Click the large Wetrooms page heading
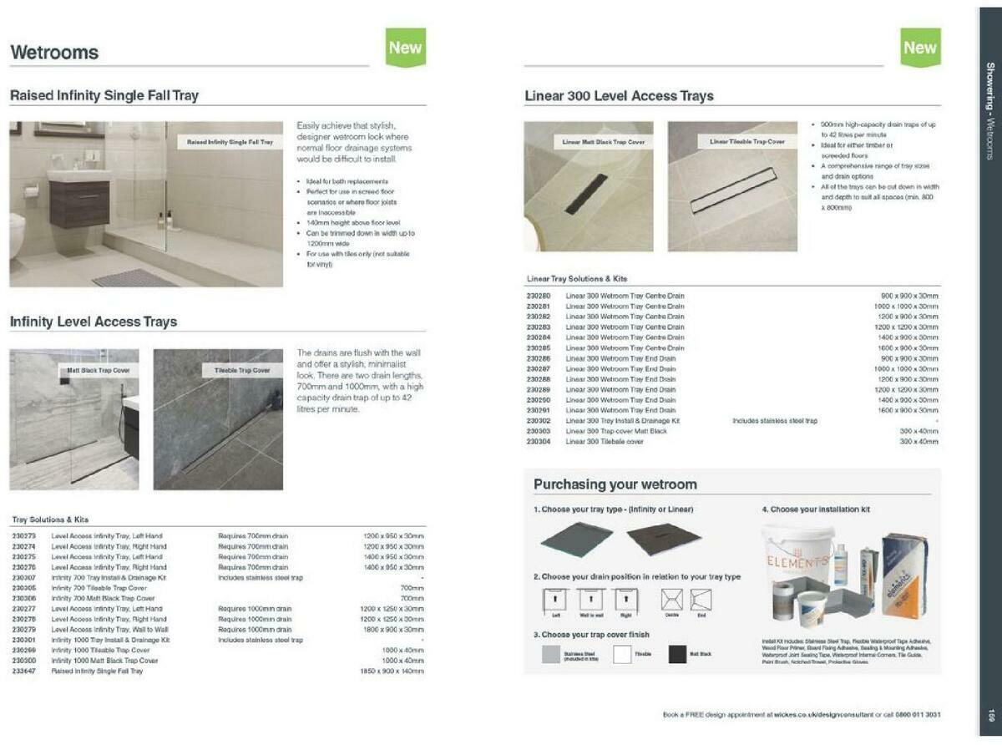click(x=54, y=53)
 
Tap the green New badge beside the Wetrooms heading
click(x=405, y=48)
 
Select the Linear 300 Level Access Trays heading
click(x=619, y=96)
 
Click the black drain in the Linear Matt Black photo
click(x=586, y=194)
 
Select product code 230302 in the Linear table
click(x=539, y=421)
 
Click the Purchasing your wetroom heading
click(x=615, y=484)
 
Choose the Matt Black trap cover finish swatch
click(x=676, y=654)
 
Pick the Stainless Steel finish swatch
click(x=550, y=654)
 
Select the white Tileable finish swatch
click(x=622, y=654)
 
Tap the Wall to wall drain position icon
click(x=590, y=601)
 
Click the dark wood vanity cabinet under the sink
click(x=79, y=205)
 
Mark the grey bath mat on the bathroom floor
click(x=134, y=277)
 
